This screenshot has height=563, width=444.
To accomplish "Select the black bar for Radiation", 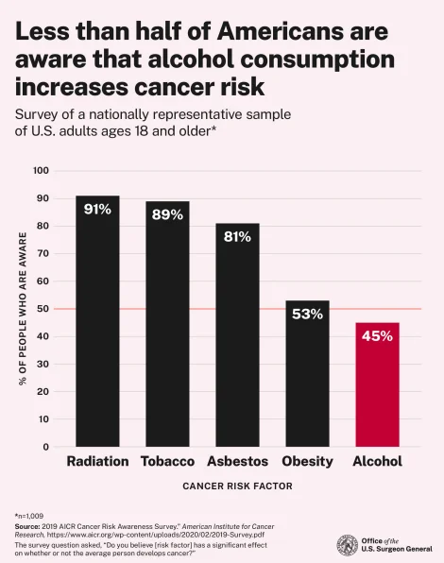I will [x=97, y=321].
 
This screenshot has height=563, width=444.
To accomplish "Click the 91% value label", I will [x=97, y=209].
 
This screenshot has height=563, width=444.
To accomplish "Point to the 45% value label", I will [x=377, y=335].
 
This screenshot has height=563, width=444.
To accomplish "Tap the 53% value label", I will [x=307, y=314].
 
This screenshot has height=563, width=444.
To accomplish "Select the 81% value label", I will [x=237, y=236].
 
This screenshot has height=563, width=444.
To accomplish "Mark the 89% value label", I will [x=167, y=214].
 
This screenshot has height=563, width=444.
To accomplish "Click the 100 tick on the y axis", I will [x=40, y=171].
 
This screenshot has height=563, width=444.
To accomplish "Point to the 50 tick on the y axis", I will [x=43, y=309].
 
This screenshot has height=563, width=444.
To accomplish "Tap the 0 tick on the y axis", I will [x=45, y=447].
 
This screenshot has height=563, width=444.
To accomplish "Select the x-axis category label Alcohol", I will [x=377, y=462].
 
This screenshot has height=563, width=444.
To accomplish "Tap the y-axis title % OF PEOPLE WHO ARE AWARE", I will [x=21, y=309].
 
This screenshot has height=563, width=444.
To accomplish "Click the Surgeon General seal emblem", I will [x=347, y=545].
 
